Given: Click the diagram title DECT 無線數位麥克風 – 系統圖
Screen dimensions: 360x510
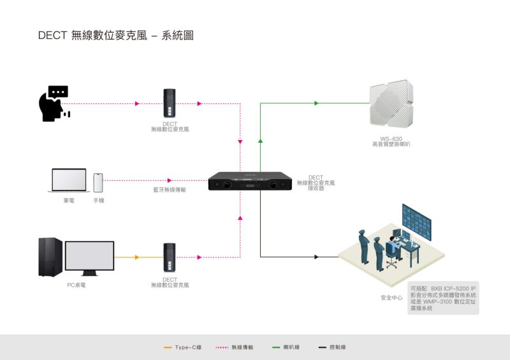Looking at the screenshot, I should pyautogui.click(x=115, y=36).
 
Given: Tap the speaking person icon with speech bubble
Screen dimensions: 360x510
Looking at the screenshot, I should pyautogui.click(x=54, y=104).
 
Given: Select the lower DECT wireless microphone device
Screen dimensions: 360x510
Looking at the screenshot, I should pyautogui.click(x=170, y=257).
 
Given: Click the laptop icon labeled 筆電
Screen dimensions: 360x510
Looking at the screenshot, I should pyautogui.click(x=69, y=181).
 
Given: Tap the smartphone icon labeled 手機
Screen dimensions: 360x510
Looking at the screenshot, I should pyautogui.click(x=98, y=183).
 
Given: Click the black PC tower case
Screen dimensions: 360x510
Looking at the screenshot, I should pyautogui.click(x=50, y=257).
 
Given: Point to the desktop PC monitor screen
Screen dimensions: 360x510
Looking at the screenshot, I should pyautogui.click(x=89, y=256).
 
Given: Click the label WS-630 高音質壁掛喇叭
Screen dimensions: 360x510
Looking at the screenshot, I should pyautogui.click(x=391, y=142).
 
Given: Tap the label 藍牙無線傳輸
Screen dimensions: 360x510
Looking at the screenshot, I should pyautogui.click(x=169, y=190).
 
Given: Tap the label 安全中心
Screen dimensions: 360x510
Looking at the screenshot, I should pyautogui.click(x=391, y=298).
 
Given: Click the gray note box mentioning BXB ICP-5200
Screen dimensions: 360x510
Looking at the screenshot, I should pyautogui.click(x=444, y=298).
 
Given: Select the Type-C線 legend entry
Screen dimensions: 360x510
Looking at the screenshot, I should pyautogui.click(x=183, y=347).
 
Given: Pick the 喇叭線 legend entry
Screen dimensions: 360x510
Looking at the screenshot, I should pyautogui.click(x=286, y=347).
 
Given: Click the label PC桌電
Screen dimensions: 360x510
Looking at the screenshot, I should pyautogui.click(x=76, y=285).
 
